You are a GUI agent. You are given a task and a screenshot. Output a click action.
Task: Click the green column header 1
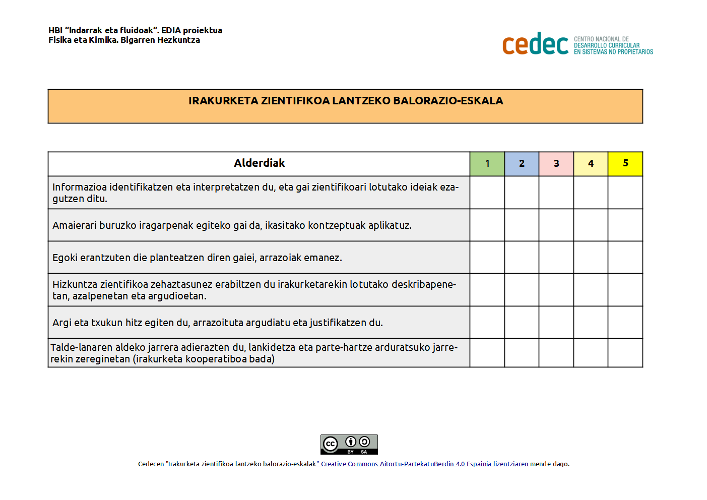pos(487,164)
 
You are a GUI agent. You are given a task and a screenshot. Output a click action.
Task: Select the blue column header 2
pos(522,164)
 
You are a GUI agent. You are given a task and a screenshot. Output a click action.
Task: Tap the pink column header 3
pos(556,164)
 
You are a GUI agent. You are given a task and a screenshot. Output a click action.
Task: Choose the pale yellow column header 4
pos(591,164)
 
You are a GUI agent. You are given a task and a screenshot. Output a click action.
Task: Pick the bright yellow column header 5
pos(625,164)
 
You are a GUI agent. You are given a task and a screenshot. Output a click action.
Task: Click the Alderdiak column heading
pos(259,163)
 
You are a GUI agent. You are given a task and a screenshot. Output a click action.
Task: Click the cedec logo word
pos(535,44)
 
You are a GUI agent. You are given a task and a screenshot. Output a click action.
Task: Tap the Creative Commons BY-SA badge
pos(349,445)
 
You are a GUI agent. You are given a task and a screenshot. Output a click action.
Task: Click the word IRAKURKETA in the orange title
pos(223,101)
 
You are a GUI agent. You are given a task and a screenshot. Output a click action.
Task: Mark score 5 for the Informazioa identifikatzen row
pos(625,193)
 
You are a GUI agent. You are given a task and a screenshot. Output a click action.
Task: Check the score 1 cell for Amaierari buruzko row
pos(487,225)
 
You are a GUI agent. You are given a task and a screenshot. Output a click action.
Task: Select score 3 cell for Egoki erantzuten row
pos(556,258)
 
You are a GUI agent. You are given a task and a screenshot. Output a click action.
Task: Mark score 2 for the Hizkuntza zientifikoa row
pos(522,290)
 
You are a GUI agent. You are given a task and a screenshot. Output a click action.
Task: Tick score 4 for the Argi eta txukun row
pos(591,323)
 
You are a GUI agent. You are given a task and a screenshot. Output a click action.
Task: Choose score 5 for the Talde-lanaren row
pos(625,353)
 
